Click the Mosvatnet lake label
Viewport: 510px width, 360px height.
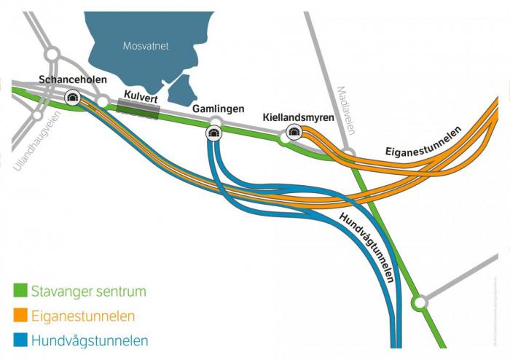pos(145,46)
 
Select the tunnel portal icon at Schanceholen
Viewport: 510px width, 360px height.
pos(72,97)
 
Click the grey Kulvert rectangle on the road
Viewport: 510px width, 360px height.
pos(138,109)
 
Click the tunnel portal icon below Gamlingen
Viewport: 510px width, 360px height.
pos(213,132)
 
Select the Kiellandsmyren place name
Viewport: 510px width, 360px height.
pos(299,117)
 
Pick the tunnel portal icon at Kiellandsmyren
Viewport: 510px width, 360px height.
pos(294,131)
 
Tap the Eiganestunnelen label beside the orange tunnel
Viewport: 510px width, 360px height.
pos(423,145)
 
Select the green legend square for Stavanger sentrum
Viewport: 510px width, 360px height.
pos(20,291)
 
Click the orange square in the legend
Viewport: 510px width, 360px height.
pos(20,316)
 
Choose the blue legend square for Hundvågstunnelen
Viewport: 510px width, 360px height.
pos(20,340)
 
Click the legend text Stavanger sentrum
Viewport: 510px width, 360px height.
pos(88,291)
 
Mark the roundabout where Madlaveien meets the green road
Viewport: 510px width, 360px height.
pos(348,154)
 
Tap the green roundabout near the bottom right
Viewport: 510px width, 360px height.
pos(419,301)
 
